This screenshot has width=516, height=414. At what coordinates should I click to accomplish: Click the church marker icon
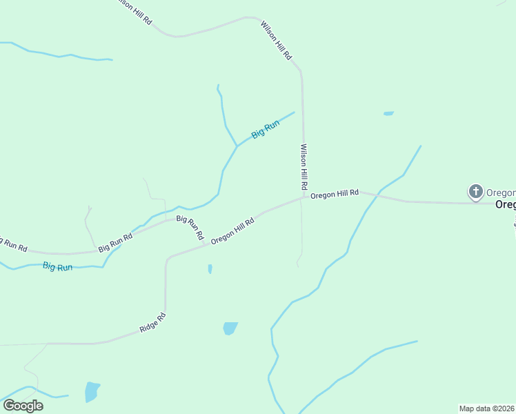[x=475, y=192]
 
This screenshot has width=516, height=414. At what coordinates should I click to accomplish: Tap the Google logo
[x=23, y=405]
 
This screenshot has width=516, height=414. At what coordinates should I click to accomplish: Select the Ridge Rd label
[x=152, y=323]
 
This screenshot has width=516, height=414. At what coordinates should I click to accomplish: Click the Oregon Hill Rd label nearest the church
[x=335, y=195]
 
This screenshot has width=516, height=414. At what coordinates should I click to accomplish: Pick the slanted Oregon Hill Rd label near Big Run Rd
[x=232, y=230]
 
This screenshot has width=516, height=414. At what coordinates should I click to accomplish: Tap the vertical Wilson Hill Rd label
[x=303, y=168]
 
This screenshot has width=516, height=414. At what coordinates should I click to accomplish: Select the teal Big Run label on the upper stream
[x=265, y=129]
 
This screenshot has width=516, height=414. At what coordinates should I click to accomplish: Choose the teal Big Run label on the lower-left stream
[x=57, y=266]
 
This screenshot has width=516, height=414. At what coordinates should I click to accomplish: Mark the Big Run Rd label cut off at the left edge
[x=12, y=244]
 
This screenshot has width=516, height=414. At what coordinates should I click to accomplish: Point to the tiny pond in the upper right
[x=388, y=113]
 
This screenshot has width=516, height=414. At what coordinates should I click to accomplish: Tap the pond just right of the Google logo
[x=92, y=391]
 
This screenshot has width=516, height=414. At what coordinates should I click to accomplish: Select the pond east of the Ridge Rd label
[x=230, y=328]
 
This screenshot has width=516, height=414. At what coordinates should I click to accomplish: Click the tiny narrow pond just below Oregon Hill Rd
[x=210, y=268]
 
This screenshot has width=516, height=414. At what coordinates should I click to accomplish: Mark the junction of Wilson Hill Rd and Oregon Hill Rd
[x=304, y=197]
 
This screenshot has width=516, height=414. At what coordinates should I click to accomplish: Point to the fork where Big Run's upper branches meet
[x=237, y=146]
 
